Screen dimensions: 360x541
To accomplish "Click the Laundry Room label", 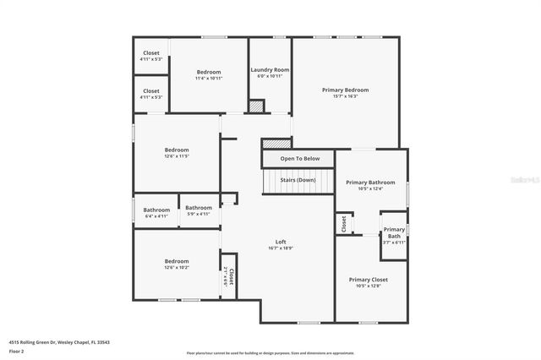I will tap(270, 69).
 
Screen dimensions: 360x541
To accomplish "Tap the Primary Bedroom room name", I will tap(345, 90).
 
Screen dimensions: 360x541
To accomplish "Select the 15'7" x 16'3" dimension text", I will tap(345, 96).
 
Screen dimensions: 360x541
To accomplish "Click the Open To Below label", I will tap(300, 158).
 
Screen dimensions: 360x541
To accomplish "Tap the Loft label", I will tap(281, 242).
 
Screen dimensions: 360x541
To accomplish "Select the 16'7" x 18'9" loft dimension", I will tap(281, 248).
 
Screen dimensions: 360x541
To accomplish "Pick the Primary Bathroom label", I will tap(370, 182).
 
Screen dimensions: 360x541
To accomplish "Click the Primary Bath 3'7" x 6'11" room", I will tap(394, 235).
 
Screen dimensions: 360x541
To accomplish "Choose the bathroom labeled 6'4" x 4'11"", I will tap(156, 212).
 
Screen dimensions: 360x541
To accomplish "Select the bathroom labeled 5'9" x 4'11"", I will tap(199, 210).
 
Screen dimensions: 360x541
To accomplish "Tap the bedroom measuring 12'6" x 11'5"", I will tap(177, 152).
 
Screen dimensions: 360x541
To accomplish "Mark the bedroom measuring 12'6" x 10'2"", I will tap(177, 264).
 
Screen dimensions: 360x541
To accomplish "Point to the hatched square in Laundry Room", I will tap(256, 106).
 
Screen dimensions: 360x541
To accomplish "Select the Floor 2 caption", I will tap(16, 351).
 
